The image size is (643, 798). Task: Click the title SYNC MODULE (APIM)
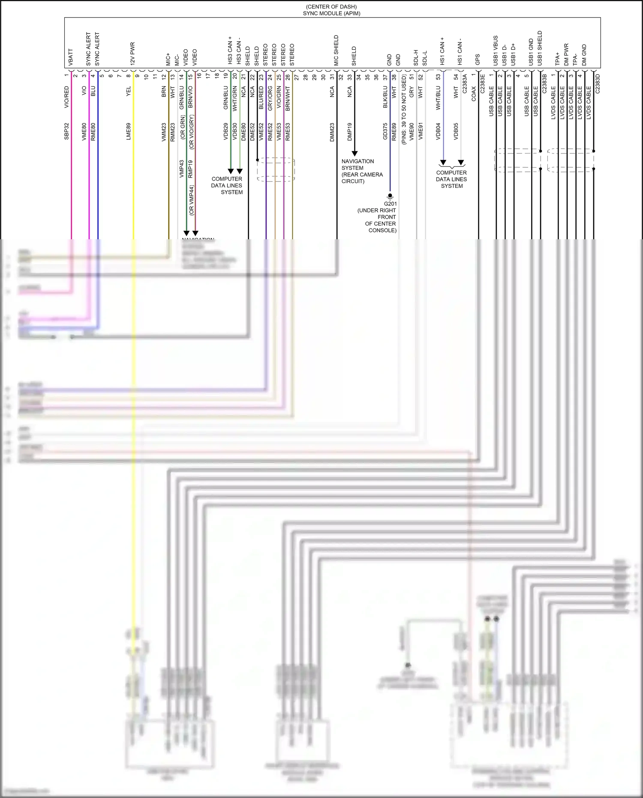(331, 13)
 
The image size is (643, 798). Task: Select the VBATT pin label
(71, 57)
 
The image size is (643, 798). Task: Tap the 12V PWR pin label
(132, 54)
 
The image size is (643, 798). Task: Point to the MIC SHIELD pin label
(336, 51)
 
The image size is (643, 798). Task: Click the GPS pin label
(478, 60)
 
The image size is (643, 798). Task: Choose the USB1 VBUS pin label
(496, 51)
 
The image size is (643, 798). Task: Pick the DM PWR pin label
(566, 54)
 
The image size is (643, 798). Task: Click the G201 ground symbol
(390, 196)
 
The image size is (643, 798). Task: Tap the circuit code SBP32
(66, 131)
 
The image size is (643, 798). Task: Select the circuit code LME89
(128, 131)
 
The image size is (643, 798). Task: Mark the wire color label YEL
(128, 91)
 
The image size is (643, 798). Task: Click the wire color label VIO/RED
(66, 97)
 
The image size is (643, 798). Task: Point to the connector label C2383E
(482, 84)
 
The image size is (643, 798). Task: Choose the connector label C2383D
(598, 84)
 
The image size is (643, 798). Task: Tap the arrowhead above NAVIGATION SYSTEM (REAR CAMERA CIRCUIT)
(355, 153)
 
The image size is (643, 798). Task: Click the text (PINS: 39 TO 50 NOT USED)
(403, 110)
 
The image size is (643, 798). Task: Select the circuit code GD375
(385, 131)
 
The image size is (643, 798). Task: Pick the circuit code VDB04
(438, 131)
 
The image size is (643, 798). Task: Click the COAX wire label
(474, 94)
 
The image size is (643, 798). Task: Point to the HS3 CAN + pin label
(230, 51)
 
